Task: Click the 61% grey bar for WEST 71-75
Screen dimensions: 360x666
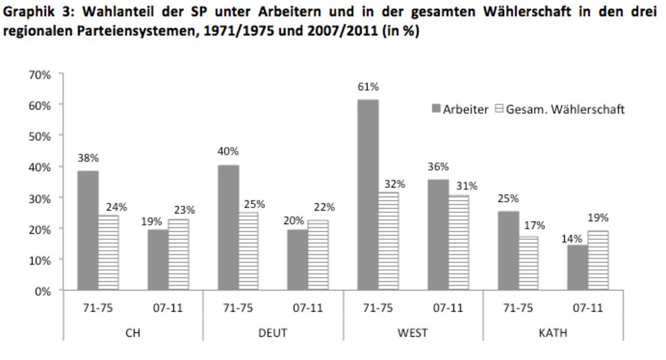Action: click(x=367, y=195)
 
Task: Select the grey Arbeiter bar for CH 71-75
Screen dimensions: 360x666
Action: click(x=87, y=230)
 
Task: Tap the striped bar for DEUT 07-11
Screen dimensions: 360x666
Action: click(x=318, y=256)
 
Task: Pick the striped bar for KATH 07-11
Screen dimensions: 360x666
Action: click(x=598, y=260)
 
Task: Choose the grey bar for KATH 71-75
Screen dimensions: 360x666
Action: click(x=507, y=251)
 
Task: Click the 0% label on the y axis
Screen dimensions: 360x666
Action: click(x=44, y=291)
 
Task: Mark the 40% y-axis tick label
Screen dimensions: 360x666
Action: click(x=41, y=167)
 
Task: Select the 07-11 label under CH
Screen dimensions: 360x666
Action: click(x=168, y=308)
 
